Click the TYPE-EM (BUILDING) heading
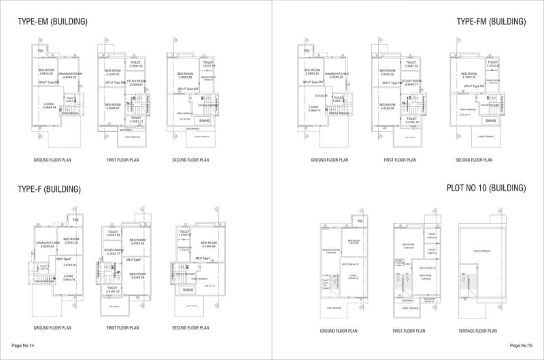point(52,22)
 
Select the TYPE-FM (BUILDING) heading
point(492,22)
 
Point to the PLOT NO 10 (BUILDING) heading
point(486,188)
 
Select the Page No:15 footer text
point(521,346)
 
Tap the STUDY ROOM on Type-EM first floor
point(137,83)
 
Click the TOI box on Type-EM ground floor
point(41,51)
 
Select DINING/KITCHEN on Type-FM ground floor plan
point(338,73)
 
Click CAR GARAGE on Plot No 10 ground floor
point(343,308)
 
